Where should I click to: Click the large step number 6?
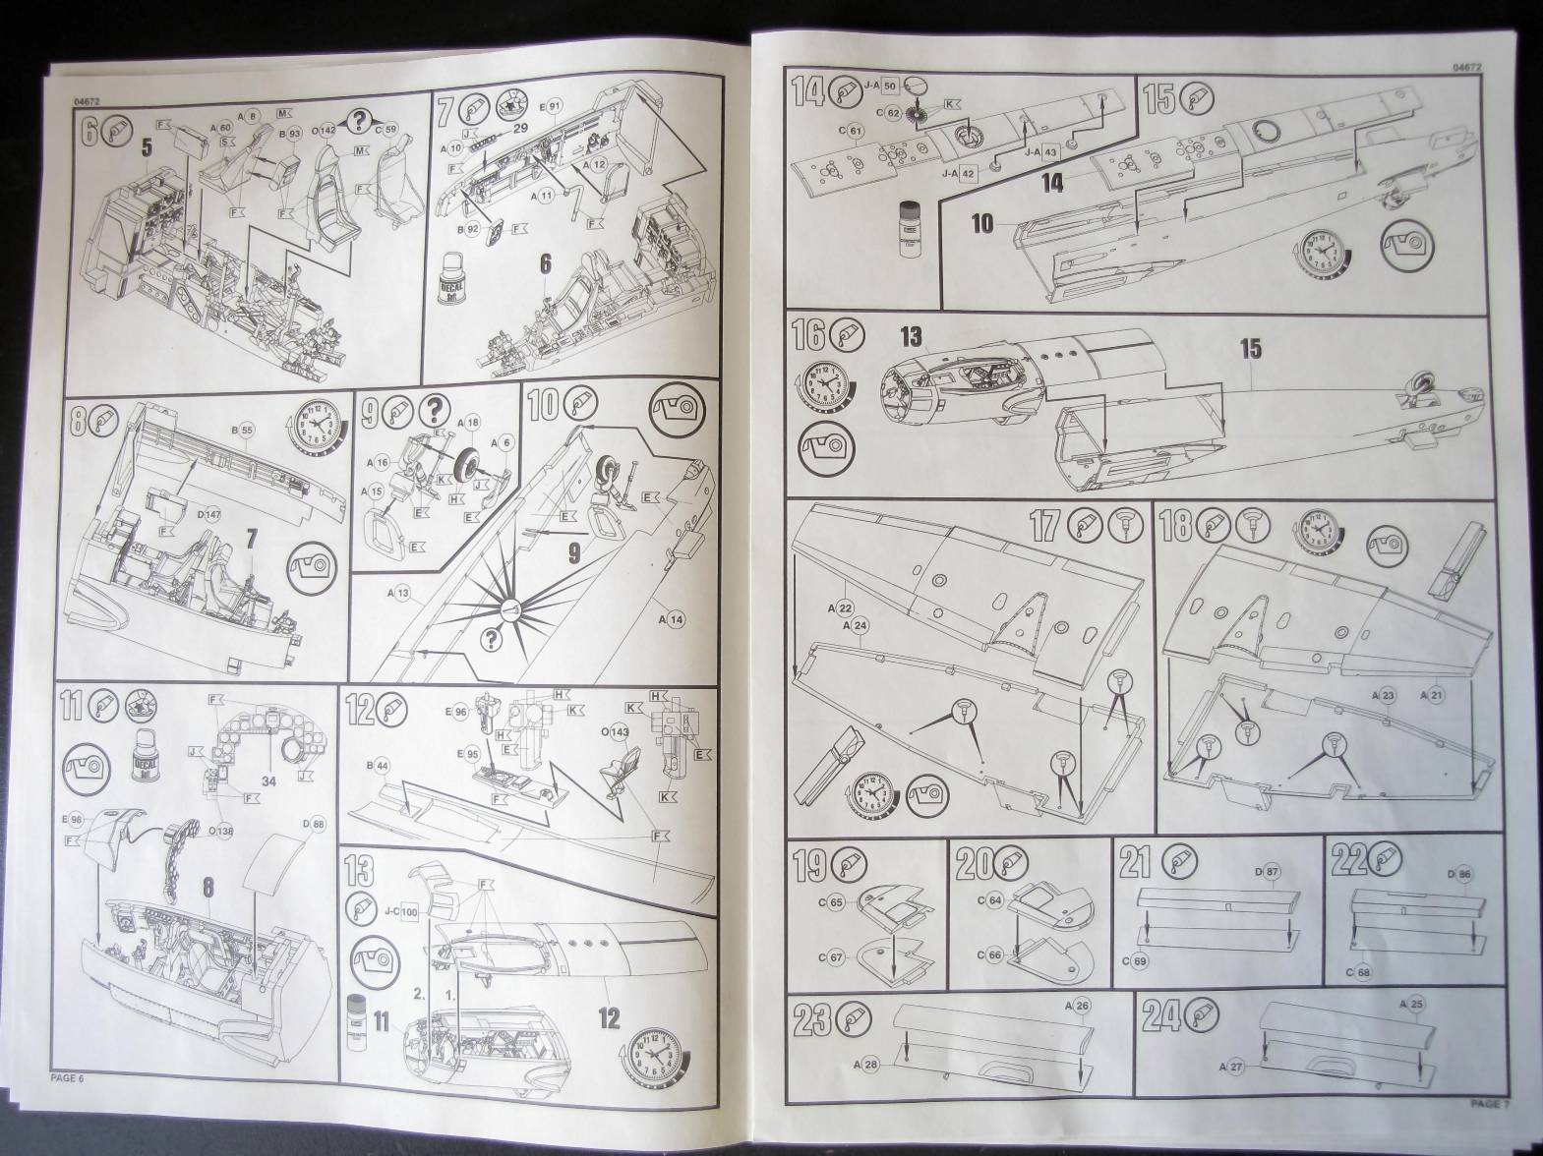point(89,132)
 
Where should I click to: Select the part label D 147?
point(208,514)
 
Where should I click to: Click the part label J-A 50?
point(879,86)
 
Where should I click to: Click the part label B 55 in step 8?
point(242,430)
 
